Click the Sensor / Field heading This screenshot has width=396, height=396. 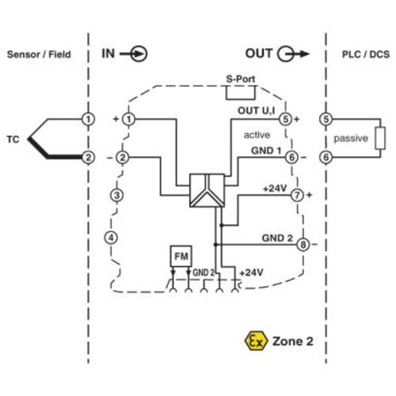39,55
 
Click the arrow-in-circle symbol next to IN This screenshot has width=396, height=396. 138,54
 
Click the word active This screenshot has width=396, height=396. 256,135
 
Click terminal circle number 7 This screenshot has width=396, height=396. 297,195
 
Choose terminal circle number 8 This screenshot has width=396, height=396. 303,245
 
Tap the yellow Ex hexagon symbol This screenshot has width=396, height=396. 255,342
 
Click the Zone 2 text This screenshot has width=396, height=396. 293,342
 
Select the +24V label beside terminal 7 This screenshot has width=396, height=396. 274,188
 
